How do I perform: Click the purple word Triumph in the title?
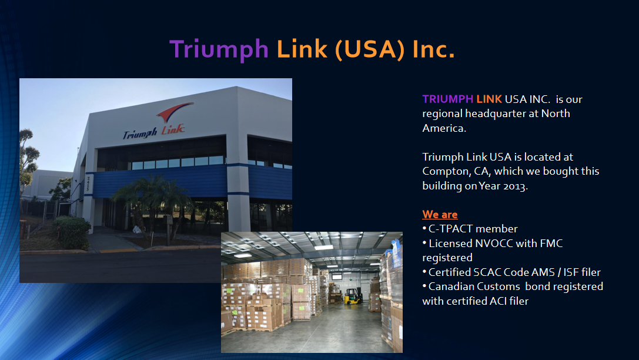219,50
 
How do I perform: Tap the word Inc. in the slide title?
433,49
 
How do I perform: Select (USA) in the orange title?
370,50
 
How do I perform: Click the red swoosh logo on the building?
174,112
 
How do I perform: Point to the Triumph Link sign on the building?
154,132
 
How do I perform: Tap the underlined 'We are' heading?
440,215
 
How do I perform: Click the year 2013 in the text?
515,186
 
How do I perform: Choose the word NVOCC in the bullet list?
483,244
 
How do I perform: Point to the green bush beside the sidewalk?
72,232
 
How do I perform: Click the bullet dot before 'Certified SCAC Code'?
424,272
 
